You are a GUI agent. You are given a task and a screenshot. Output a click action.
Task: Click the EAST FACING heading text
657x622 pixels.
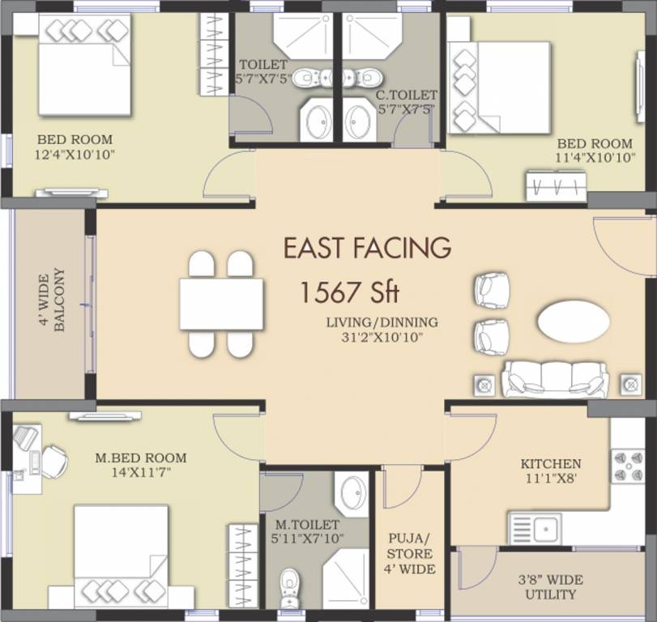pos(366,247)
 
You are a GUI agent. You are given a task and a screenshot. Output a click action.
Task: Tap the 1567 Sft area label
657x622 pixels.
pos(348,292)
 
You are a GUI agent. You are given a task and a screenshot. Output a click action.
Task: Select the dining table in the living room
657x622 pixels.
pos(221,304)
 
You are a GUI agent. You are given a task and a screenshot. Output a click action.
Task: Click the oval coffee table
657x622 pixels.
pos(573,320)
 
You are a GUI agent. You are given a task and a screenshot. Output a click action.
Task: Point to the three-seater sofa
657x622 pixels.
pos(555,379)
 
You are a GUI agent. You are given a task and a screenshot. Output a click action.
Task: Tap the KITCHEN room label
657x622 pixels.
pos(551,464)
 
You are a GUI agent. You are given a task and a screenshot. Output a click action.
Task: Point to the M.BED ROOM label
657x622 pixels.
pos(140,458)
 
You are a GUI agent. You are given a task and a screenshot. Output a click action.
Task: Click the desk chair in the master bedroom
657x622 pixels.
pos(53,462)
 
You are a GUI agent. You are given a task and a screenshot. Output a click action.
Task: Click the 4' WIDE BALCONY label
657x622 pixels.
pos(50,300)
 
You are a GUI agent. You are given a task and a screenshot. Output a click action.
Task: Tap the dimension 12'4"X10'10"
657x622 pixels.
pos(75,154)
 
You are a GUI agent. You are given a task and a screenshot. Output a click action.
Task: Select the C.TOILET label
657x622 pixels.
pos(406,96)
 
